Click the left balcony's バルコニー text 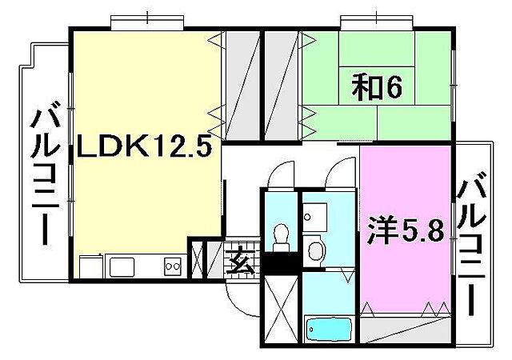point(44,176)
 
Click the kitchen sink point(124,266)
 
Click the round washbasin point(315,250)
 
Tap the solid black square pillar point(281,260)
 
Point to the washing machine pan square point(315,214)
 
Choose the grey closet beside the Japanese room point(282,84)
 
